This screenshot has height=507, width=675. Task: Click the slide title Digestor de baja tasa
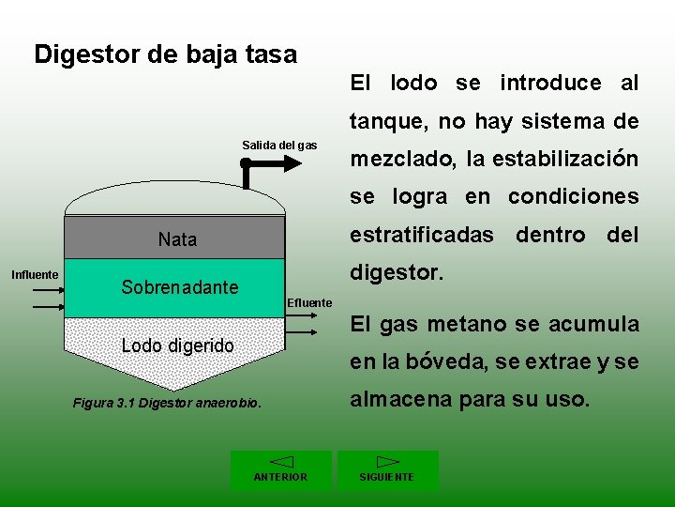coord(165,54)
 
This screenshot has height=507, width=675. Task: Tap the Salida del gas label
coord(279,145)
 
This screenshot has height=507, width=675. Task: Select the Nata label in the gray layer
coord(177,239)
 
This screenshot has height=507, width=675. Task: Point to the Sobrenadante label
coord(179,287)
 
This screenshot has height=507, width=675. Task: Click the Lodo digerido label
coord(178,346)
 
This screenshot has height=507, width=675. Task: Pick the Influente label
coord(34,275)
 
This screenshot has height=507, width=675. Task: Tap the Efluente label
coord(309,302)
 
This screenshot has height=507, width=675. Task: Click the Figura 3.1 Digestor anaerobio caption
coord(167,404)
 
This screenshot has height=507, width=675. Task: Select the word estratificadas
coord(422,234)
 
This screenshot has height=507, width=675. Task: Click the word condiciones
coord(573,196)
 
